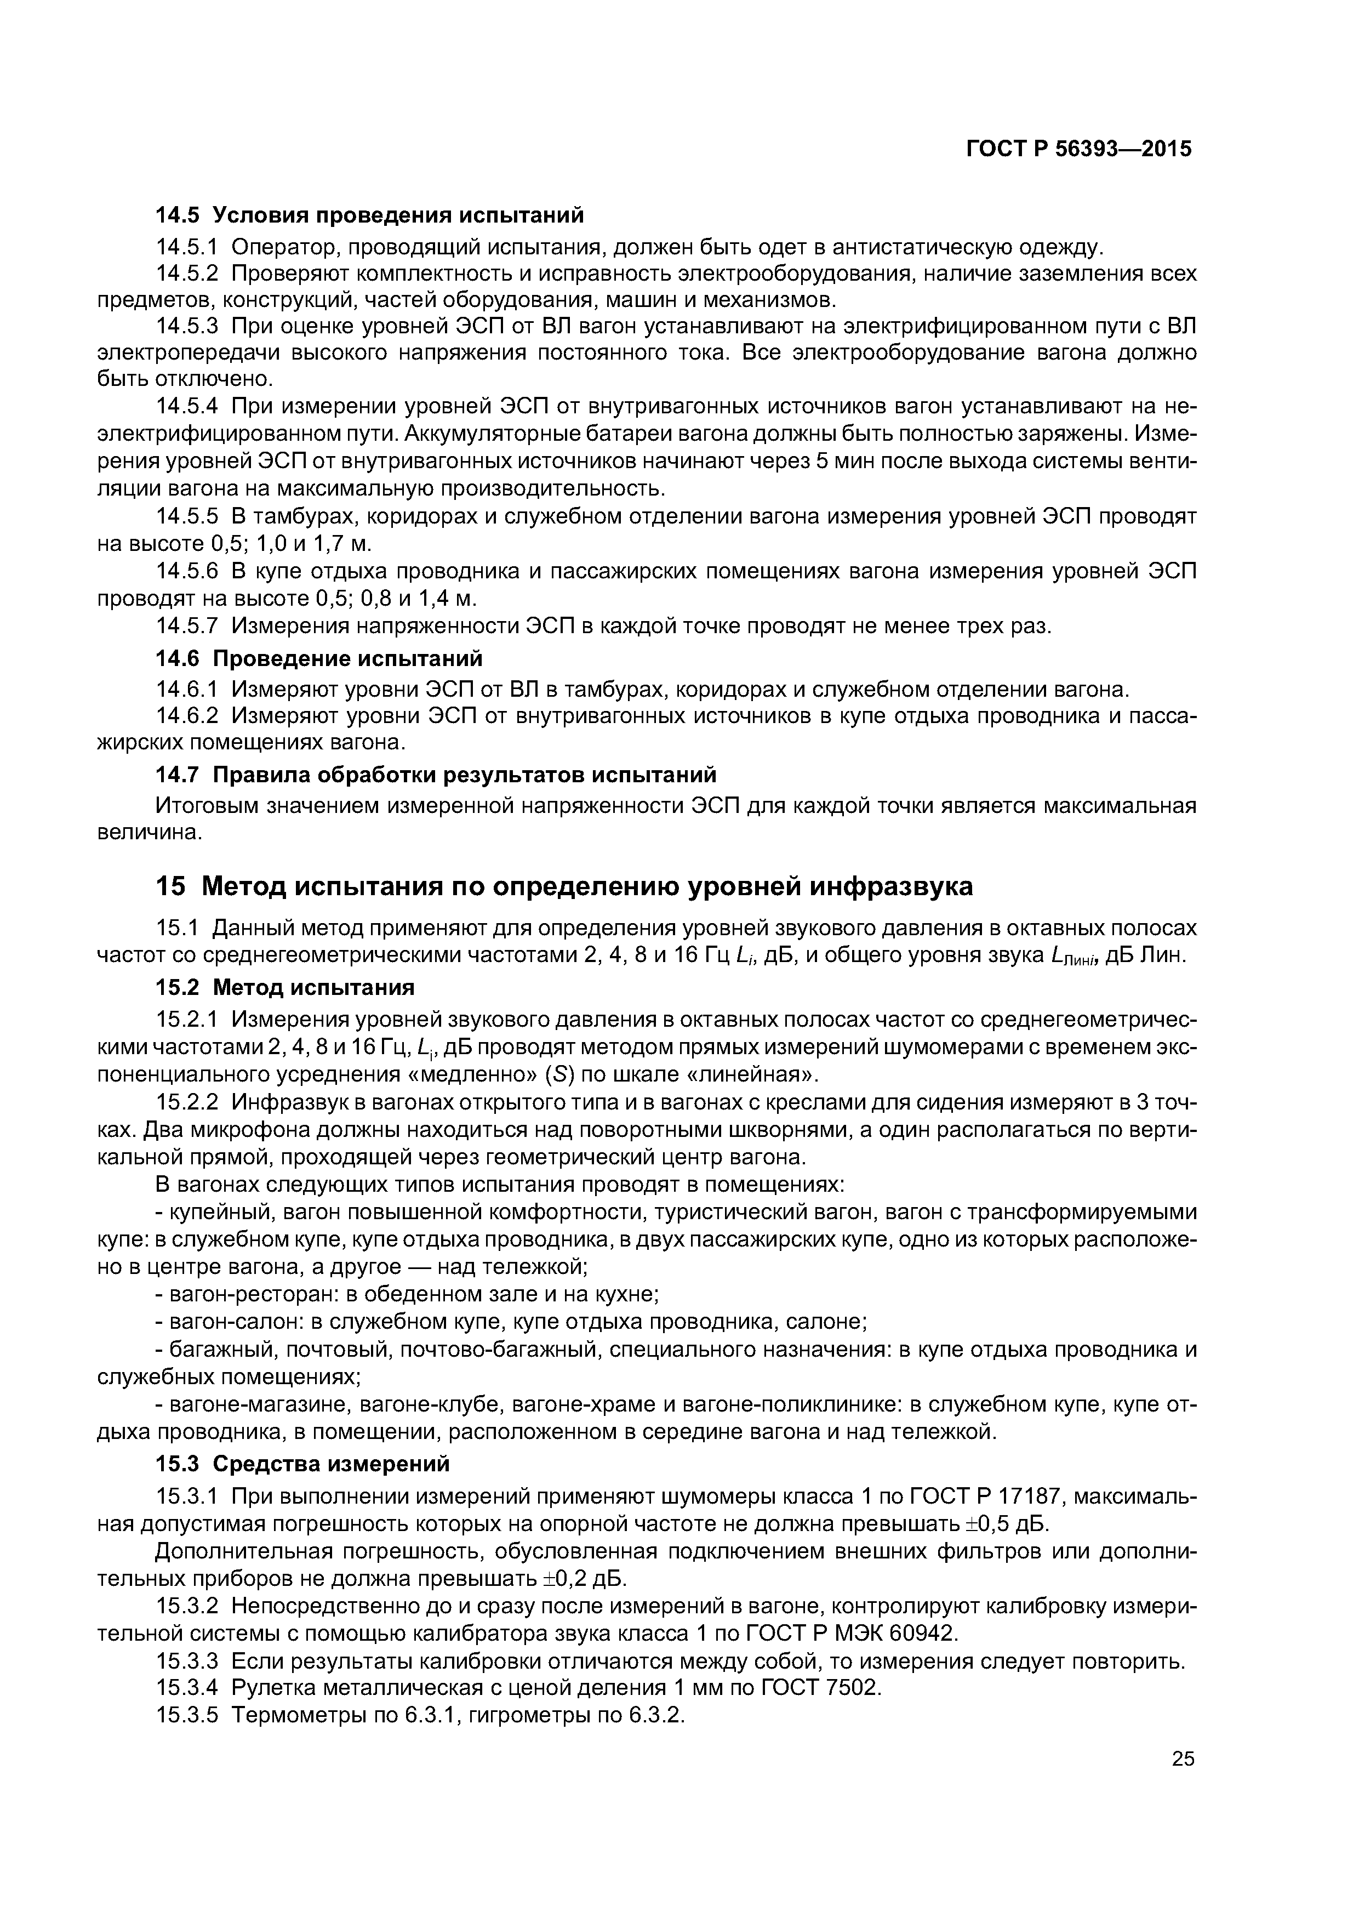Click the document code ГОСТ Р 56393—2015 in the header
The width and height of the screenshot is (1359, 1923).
[1078, 149]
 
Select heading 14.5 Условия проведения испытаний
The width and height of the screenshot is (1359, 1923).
[369, 216]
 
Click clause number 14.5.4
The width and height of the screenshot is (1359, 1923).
[187, 407]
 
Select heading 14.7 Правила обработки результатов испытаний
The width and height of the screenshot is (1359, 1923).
[436, 774]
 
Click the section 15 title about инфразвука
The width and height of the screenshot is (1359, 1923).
[564, 886]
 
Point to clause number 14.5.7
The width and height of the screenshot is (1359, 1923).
[187, 627]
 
